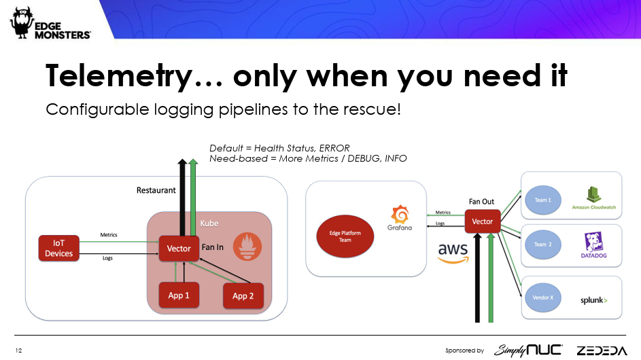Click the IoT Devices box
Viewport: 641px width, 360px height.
(x=59, y=248)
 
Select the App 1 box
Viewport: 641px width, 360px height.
(x=179, y=295)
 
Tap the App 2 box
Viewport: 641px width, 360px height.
(x=243, y=295)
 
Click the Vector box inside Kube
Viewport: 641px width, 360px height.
(x=179, y=249)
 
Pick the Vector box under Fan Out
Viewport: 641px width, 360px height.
(x=483, y=221)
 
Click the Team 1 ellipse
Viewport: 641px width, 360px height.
(x=542, y=200)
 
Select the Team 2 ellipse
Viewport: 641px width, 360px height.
(x=542, y=244)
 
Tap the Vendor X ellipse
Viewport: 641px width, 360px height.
(x=542, y=297)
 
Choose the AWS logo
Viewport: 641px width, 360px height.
(x=452, y=253)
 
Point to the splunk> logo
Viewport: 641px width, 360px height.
(x=593, y=300)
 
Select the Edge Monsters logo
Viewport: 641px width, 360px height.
(x=50, y=25)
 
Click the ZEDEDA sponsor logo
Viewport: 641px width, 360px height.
(x=602, y=350)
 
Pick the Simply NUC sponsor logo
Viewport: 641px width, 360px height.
(x=528, y=350)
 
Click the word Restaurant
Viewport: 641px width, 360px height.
(x=156, y=191)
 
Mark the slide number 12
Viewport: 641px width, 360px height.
(x=18, y=350)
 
